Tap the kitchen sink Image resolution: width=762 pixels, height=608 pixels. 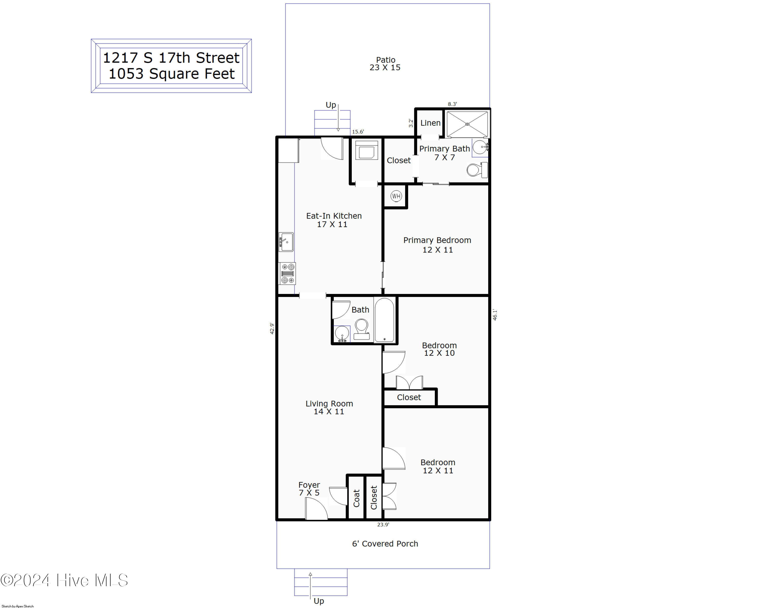point(286,242)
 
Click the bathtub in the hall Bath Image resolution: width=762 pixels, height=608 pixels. point(384,320)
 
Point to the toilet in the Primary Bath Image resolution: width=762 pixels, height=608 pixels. point(476,170)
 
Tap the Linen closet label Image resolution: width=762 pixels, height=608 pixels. point(430,123)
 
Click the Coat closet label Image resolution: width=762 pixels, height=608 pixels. point(356,498)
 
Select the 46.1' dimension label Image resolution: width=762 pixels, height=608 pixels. point(495,315)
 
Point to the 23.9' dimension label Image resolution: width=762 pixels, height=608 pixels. point(383,525)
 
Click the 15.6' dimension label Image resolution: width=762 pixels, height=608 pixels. point(358,132)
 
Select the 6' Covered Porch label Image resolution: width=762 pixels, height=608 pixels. point(385,544)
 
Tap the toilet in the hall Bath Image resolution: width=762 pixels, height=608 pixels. point(361,329)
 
